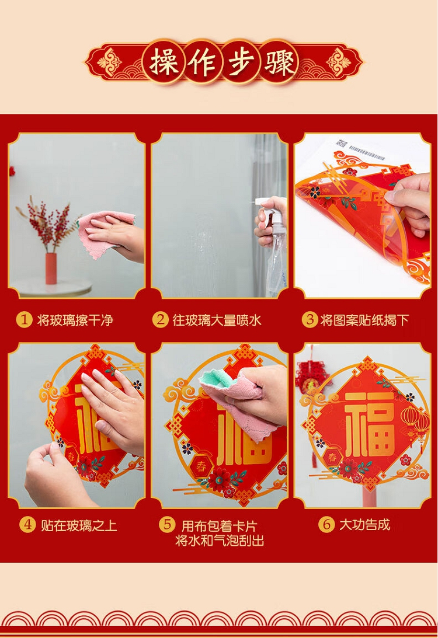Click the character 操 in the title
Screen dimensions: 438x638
pyautogui.click(x=164, y=63)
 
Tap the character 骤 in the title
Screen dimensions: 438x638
pyautogui.click(x=279, y=63)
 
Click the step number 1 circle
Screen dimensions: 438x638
pyautogui.click(x=24, y=320)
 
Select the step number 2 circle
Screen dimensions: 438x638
pyautogui.click(x=160, y=320)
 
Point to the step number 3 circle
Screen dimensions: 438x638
pyautogui.click(x=310, y=320)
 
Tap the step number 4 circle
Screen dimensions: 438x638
pyautogui.click(x=27, y=525)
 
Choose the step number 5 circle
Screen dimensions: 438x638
pyautogui.click(x=167, y=525)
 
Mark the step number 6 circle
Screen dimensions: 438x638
pyautogui.click(x=326, y=525)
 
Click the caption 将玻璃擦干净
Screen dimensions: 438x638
pyautogui.click(x=75, y=320)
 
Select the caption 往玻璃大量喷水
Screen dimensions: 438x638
pyautogui.click(x=217, y=320)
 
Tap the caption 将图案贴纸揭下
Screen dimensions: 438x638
pyautogui.click(x=364, y=320)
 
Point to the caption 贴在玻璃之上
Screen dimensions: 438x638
pyautogui.click(x=79, y=525)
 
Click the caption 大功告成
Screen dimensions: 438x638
pyautogui.click(x=365, y=525)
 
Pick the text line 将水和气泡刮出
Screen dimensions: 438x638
pyautogui.click(x=220, y=541)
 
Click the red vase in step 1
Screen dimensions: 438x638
pyautogui.click(x=51, y=268)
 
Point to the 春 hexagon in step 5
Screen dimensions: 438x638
pyautogui.click(x=201, y=467)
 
